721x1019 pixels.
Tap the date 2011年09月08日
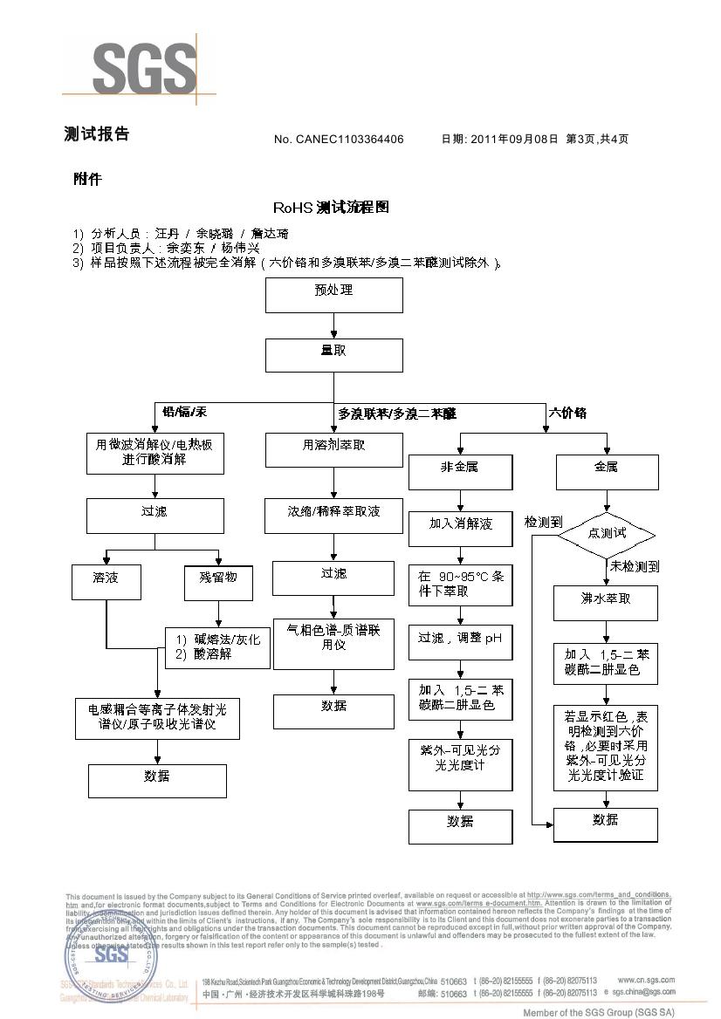[x=513, y=140]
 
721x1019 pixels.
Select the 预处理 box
[x=333, y=295]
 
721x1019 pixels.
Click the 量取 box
[x=333, y=355]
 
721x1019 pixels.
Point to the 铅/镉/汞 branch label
[x=184, y=412]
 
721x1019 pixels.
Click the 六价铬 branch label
[x=567, y=412]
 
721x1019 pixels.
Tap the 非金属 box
[x=460, y=471]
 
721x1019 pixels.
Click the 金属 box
[x=606, y=471]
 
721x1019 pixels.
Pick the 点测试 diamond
[x=606, y=533]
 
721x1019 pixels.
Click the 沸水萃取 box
[x=606, y=603]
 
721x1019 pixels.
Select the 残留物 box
[x=211, y=582]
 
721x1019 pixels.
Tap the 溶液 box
[x=106, y=582]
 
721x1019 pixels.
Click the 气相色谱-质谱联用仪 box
[x=333, y=644]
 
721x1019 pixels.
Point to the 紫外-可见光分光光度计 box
[x=460, y=764]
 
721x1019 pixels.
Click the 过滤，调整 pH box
[x=460, y=642]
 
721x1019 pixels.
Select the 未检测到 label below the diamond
[x=635, y=567]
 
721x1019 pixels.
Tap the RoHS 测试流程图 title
[x=331, y=208]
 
